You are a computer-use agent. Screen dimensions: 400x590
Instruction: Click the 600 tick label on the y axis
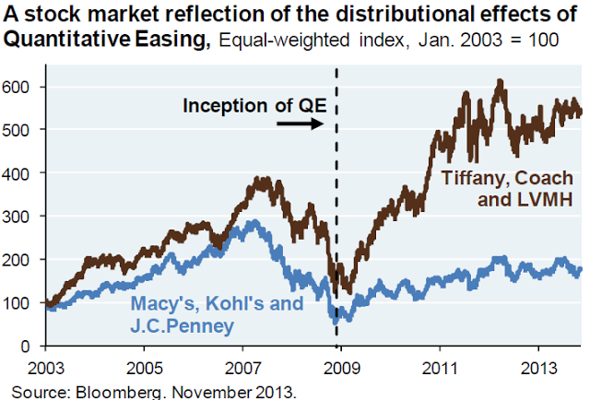point(20,87)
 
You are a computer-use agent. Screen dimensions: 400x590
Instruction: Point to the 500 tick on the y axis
point(20,130)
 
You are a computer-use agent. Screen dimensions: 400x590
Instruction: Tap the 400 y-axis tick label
point(20,173)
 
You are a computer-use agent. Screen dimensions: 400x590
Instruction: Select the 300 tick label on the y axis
point(20,217)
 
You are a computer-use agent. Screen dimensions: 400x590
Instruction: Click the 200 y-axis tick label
point(20,260)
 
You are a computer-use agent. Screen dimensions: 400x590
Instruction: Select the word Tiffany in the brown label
point(470,178)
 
